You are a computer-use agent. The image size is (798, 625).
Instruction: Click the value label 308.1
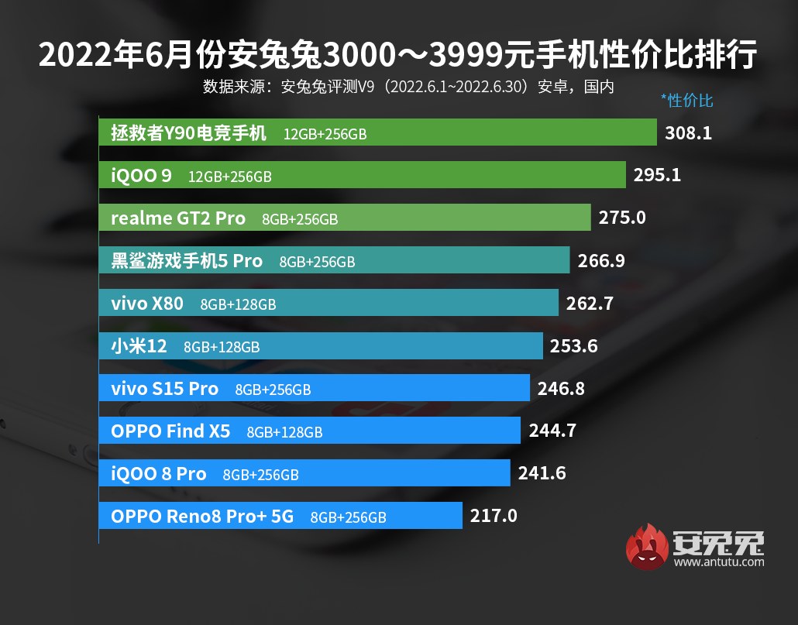coord(688,133)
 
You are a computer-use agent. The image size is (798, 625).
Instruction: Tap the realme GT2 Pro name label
coord(178,218)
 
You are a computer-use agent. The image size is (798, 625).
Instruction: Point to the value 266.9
coord(601,261)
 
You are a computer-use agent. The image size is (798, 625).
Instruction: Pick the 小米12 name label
coord(139,346)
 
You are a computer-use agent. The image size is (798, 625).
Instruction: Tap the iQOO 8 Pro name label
coord(159,473)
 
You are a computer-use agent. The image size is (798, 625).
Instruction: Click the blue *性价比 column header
coord(686,100)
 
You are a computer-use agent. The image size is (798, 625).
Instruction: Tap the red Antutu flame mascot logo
coord(649,548)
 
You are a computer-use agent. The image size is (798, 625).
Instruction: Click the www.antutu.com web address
coord(719,562)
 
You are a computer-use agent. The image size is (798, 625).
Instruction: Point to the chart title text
coord(398,56)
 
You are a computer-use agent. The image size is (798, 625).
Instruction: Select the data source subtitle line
coord(408,86)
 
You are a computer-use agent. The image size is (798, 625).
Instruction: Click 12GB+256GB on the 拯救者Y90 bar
coord(325,134)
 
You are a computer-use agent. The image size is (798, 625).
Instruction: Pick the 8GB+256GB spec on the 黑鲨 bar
coord(317,262)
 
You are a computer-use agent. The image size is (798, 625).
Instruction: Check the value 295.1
coord(657,175)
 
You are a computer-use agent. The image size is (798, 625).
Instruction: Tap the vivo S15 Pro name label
coord(165,389)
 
